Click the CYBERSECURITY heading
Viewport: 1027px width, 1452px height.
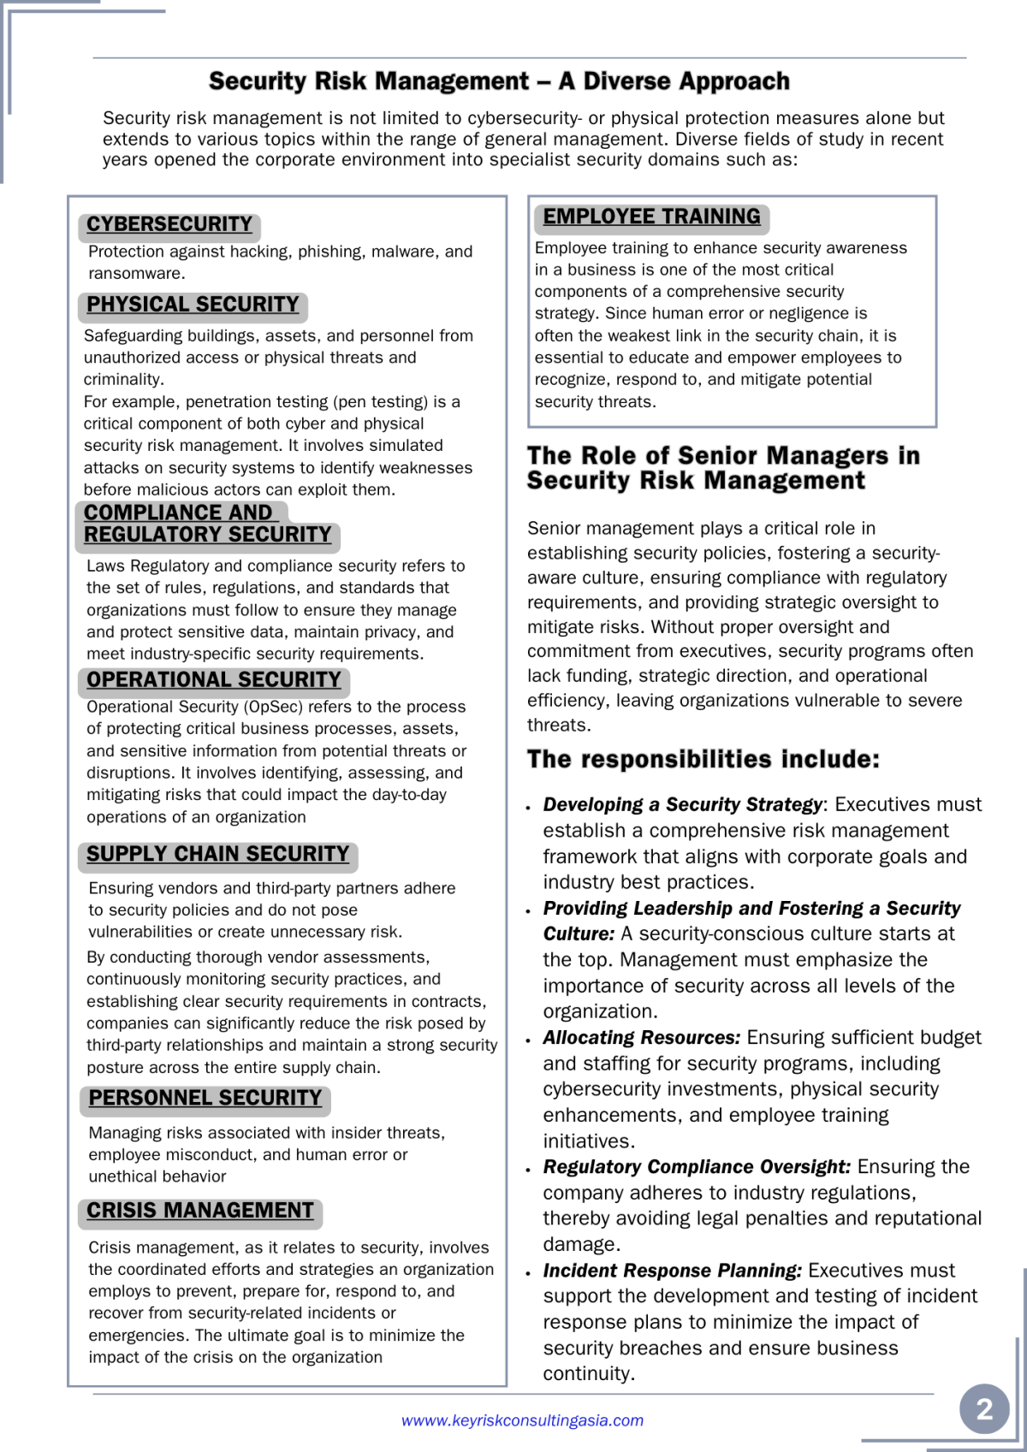tap(169, 225)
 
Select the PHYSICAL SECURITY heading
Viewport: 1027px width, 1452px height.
tap(193, 305)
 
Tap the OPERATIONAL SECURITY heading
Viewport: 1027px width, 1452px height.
tap(214, 680)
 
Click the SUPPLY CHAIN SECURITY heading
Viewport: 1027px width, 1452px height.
tap(217, 855)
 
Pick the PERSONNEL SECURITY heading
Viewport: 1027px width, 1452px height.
tap(205, 1099)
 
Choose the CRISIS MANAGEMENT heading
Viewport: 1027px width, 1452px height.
tap(200, 1212)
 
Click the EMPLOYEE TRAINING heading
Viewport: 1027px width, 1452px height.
tap(651, 217)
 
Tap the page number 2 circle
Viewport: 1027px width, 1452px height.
tap(984, 1408)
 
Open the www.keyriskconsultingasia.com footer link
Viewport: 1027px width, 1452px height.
tap(522, 1420)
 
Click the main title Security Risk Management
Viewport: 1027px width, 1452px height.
tap(499, 81)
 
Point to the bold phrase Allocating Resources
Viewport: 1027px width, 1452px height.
tap(641, 1038)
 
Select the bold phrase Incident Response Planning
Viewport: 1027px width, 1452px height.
tap(672, 1271)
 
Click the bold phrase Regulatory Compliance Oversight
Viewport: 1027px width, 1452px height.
tap(697, 1167)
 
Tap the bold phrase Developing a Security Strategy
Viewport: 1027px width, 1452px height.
tap(682, 805)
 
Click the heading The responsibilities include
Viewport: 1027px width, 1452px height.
tap(703, 760)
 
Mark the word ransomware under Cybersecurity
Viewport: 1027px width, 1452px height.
tap(135, 274)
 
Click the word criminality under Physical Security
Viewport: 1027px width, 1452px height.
tap(123, 380)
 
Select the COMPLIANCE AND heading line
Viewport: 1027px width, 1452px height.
tap(178, 513)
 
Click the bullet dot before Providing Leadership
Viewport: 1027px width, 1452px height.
tap(529, 911)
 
